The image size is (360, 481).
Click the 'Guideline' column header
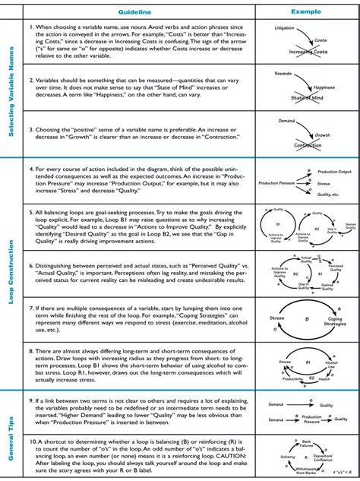click(x=137, y=13)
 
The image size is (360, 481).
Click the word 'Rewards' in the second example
click(x=283, y=74)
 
